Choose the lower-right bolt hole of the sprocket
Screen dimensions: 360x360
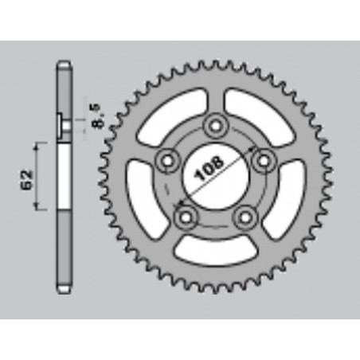point(245,215)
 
